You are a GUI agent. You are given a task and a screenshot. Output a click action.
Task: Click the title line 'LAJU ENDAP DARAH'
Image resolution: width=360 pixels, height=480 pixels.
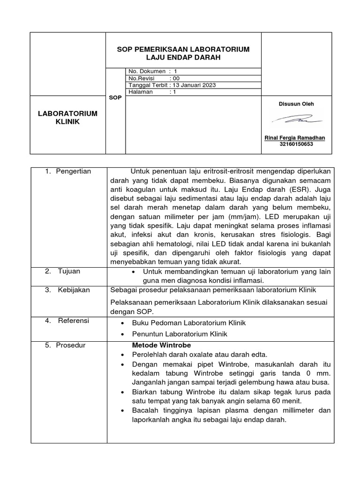[183, 57]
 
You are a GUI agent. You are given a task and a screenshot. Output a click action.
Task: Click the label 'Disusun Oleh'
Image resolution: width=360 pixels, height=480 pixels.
[296, 104]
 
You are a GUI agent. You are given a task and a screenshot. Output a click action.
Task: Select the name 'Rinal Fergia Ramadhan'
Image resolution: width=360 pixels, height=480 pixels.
[295, 138]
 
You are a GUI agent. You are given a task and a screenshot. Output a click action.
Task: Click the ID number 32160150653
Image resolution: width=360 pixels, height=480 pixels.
[296, 144]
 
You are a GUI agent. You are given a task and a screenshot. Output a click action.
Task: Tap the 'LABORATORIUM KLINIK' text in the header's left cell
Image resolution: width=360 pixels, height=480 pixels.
[68, 118]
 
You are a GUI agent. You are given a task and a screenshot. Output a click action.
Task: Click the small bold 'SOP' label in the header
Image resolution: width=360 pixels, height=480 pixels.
[115, 98]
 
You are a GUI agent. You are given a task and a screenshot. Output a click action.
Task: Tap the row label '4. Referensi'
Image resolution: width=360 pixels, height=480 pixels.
[67, 321]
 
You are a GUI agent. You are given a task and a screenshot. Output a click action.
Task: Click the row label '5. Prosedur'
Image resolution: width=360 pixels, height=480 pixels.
[65, 345]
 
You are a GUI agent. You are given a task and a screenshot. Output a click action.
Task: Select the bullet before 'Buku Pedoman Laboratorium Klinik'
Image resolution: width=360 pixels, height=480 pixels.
[122, 323]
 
